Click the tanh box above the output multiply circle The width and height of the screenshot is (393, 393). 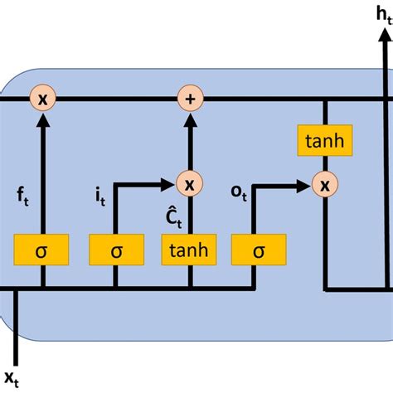[324, 142]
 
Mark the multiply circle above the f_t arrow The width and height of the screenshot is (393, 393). [41, 99]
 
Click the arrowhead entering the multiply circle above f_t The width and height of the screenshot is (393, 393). [41, 119]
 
